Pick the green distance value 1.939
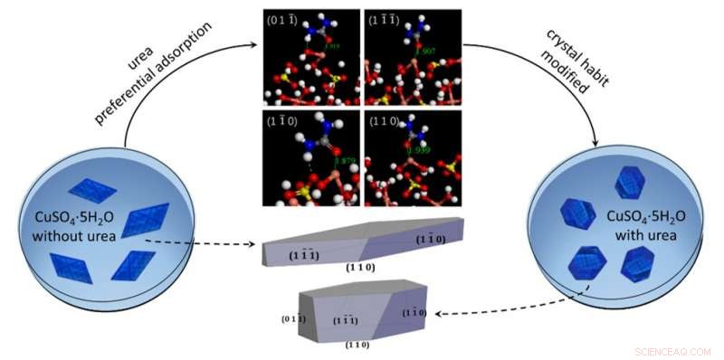point(418,149)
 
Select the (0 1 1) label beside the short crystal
point(290,318)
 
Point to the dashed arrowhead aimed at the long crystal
point(253,245)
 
